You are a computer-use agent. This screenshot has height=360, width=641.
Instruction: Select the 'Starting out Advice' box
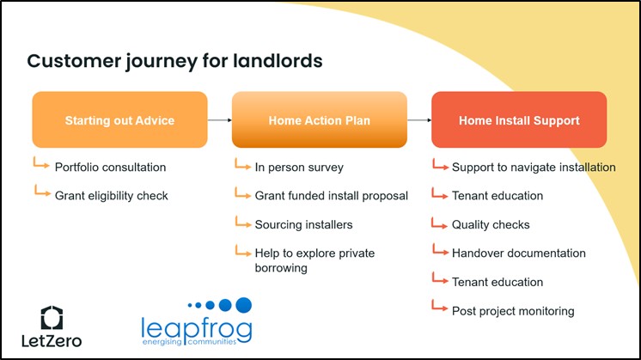119,120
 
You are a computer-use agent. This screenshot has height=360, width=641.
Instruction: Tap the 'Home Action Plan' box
319,120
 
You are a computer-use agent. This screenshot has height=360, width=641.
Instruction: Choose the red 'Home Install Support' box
519,120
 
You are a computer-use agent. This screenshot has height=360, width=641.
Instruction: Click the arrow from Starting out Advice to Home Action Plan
219,120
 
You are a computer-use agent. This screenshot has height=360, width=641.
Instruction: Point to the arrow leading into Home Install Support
418,120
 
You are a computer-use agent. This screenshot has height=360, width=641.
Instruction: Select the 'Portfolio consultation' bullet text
110,167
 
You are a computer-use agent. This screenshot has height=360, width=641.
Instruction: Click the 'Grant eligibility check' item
112,196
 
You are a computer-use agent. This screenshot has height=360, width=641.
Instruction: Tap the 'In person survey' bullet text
299,167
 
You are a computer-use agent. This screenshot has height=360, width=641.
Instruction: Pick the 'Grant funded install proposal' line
331,196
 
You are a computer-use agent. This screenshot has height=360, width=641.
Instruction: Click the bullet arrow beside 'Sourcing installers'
241,223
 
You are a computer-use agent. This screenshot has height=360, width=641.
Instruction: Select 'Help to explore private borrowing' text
314,260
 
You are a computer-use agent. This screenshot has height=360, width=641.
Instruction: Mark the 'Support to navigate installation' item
533,167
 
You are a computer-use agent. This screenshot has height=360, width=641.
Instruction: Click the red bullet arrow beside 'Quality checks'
440,223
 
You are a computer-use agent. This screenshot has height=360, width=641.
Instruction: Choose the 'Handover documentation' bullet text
518,253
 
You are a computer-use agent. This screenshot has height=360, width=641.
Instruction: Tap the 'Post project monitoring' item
513,311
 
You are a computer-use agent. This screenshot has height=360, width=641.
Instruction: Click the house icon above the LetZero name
52,316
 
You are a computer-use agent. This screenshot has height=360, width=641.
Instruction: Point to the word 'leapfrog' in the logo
196,327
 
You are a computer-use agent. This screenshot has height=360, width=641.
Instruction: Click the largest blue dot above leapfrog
243,304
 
